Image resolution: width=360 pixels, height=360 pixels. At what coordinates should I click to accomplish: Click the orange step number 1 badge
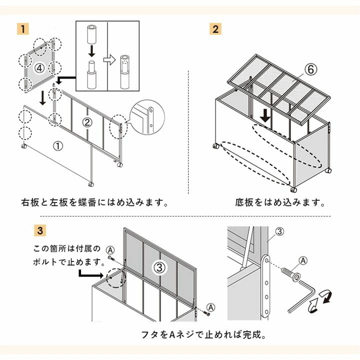point(22,28)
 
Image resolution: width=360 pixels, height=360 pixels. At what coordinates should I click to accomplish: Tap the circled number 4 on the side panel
point(40,66)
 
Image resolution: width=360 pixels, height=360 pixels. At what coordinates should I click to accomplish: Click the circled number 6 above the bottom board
point(310,70)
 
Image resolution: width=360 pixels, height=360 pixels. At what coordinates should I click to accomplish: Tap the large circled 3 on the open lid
point(159,267)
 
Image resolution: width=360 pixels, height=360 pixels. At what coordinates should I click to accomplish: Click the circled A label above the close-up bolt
point(303,260)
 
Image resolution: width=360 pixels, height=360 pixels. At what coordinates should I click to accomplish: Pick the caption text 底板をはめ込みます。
point(280,203)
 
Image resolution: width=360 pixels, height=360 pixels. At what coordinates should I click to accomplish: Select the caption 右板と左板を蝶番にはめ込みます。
point(94,203)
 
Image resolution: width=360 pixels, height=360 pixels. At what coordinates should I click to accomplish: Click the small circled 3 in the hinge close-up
point(279,231)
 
